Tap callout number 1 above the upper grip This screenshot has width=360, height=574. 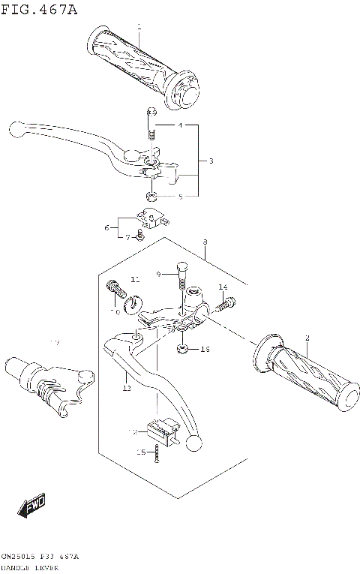139,27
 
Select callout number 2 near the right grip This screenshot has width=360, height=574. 307,338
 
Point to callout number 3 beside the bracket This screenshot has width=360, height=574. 211,161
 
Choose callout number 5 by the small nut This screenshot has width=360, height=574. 180,197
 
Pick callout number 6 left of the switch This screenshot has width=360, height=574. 107,227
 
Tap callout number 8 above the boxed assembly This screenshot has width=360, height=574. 204,242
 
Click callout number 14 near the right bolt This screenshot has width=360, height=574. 223,287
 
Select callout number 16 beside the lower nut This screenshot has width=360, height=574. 205,350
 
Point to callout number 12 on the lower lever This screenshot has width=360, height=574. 127,388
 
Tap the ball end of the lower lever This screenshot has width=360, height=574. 193,443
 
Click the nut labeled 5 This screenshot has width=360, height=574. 151,197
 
